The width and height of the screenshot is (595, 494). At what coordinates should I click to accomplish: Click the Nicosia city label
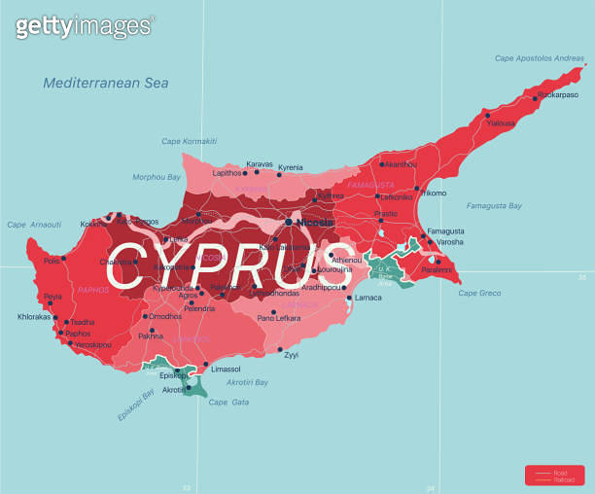click(x=315, y=222)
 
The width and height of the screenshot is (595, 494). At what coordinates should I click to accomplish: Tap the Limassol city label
click(x=226, y=370)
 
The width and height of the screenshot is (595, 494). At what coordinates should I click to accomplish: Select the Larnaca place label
click(x=368, y=297)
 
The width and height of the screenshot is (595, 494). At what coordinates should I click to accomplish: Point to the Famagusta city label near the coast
click(x=445, y=231)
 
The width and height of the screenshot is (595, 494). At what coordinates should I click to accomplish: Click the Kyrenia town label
click(x=290, y=167)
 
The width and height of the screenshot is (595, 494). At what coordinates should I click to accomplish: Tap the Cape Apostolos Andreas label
click(x=540, y=58)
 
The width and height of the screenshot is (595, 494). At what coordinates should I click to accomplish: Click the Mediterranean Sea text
click(x=105, y=84)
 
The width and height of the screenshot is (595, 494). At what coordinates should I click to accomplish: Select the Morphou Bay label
click(x=157, y=177)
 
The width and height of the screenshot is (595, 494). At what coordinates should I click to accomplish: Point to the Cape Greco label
click(x=479, y=293)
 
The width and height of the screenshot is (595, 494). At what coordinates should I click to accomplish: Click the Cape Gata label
click(x=229, y=402)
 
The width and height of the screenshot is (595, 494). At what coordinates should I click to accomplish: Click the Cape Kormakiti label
click(x=190, y=142)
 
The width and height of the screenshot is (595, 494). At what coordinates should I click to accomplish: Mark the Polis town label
click(x=52, y=260)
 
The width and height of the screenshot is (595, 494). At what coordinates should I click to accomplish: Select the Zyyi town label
click(x=291, y=355)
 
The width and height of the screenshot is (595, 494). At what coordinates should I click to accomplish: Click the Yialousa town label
click(x=501, y=123)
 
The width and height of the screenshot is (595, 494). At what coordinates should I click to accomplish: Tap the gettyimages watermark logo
click(x=84, y=25)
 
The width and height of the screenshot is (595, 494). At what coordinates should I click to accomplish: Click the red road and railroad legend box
click(x=554, y=475)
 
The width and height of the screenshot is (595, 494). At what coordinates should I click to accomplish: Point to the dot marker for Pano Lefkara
click(x=273, y=312)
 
